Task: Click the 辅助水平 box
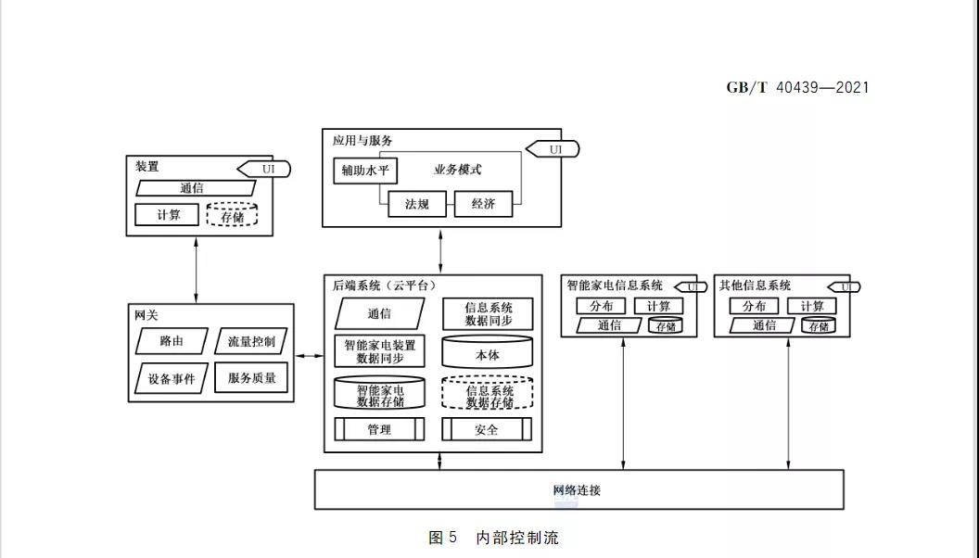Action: (x=364, y=171)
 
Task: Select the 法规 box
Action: (x=417, y=204)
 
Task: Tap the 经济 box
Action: (x=483, y=204)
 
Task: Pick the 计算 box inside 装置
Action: (x=168, y=215)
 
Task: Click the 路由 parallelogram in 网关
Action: (x=172, y=341)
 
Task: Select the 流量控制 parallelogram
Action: (x=251, y=341)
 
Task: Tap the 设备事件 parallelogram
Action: (x=172, y=378)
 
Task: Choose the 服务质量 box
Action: (x=251, y=378)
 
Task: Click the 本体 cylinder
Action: (x=487, y=353)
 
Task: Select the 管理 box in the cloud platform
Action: (x=379, y=429)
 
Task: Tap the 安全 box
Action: (x=487, y=429)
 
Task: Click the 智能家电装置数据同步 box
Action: (x=379, y=352)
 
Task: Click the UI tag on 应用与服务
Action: (x=554, y=149)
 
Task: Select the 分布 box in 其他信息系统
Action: (x=754, y=307)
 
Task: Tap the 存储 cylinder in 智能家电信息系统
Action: (x=666, y=325)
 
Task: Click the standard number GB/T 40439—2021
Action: (x=797, y=87)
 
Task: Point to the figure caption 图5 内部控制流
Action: (x=493, y=538)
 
